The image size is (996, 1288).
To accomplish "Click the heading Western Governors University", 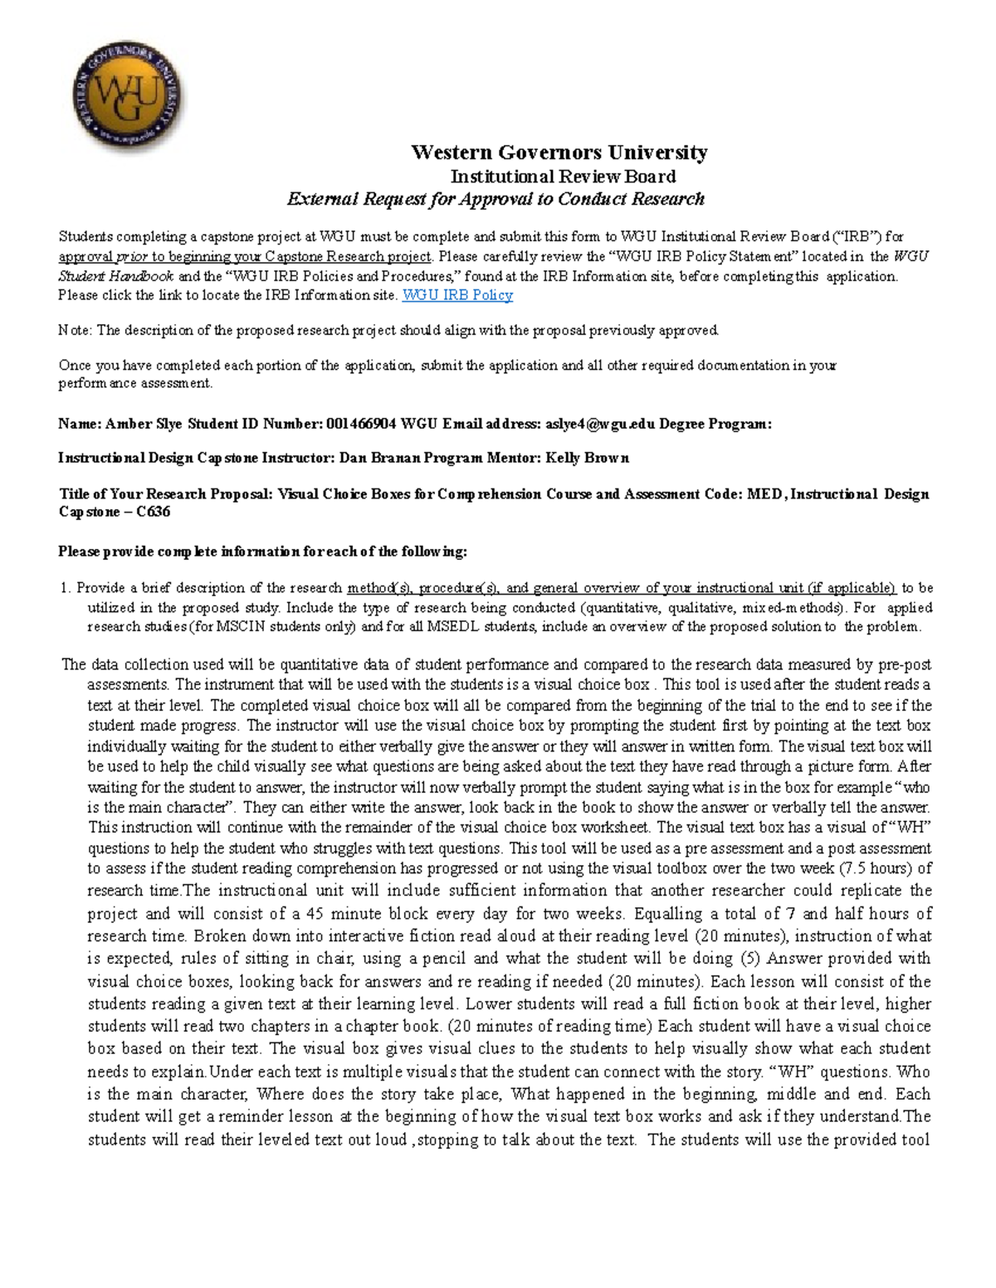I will (x=559, y=153).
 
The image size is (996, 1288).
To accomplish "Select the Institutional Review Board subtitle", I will (x=563, y=176).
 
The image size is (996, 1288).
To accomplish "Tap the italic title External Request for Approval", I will (x=496, y=199).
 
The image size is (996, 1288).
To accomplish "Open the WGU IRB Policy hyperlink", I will (x=456, y=295).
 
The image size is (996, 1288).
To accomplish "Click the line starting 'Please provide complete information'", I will (x=262, y=552).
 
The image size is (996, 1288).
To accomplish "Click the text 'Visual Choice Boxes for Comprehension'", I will (x=408, y=494).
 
